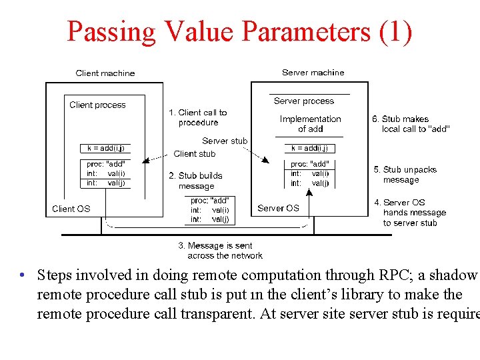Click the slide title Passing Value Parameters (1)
[239, 31]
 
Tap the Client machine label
[105, 73]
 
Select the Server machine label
[313, 73]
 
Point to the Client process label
[97, 105]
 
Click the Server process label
[304, 101]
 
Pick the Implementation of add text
[310, 123]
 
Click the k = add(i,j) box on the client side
[105, 148]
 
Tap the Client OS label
[71, 209]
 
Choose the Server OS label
[278, 208]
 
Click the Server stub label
[225, 141]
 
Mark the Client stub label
[194, 153]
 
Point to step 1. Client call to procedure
[198, 117]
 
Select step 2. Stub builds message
[196, 181]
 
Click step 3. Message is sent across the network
[220, 250]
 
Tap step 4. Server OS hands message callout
[409, 212]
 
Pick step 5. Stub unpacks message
[405, 175]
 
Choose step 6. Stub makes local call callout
[410, 124]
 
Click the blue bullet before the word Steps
[23, 275]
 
